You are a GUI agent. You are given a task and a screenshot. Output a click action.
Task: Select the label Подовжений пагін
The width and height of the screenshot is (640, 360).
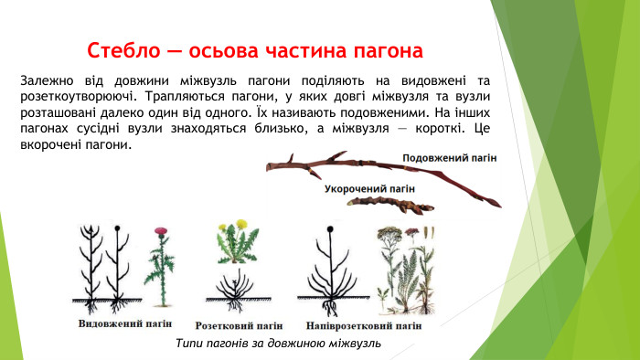pos(450,157)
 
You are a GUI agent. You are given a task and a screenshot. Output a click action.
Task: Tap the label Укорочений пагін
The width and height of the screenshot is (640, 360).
pos(369,188)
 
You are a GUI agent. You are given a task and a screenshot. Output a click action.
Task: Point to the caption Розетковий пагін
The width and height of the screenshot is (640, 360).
pos(240,324)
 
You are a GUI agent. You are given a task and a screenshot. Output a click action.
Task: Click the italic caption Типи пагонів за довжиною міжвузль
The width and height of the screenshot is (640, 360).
pos(277,343)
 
